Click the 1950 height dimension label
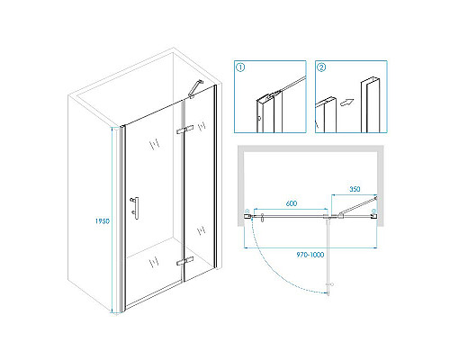pos(103,221)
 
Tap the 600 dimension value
pos(292,203)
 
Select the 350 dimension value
pos(355,189)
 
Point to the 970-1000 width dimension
pos(310,255)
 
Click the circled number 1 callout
pos(240,67)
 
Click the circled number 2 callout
pos(321,67)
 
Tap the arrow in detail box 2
pos(346,103)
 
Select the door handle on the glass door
pos(135,208)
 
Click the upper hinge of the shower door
pos(184,130)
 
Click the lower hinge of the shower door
pos(184,261)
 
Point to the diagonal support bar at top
pos(196,88)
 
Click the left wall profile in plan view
pos(247,214)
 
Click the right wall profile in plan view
pos(373,214)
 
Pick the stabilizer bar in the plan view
pos(358,206)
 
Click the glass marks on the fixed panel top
pos(202,125)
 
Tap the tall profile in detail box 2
pos(370,105)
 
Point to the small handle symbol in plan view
pos(263,218)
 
